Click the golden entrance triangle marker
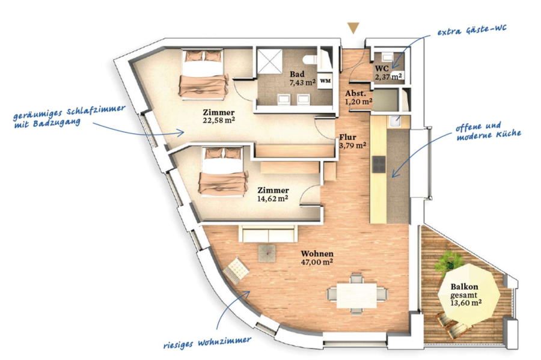coord(353,28)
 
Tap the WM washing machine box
coord(325,81)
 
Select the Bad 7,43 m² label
coord(302,78)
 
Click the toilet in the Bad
coord(310,59)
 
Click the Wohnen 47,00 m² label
coord(317,258)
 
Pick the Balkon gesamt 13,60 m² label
coord(466,295)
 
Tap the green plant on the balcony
coord(448,263)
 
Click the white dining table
coord(356,295)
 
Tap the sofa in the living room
coord(267,234)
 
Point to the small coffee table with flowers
coord(267,254)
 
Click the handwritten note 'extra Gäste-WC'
coord(472,30)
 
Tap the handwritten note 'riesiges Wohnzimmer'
coord(207,343)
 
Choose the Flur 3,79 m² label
coord(352,141)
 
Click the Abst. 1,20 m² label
coord(358,97)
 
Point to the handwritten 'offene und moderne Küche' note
coord(488,132)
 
